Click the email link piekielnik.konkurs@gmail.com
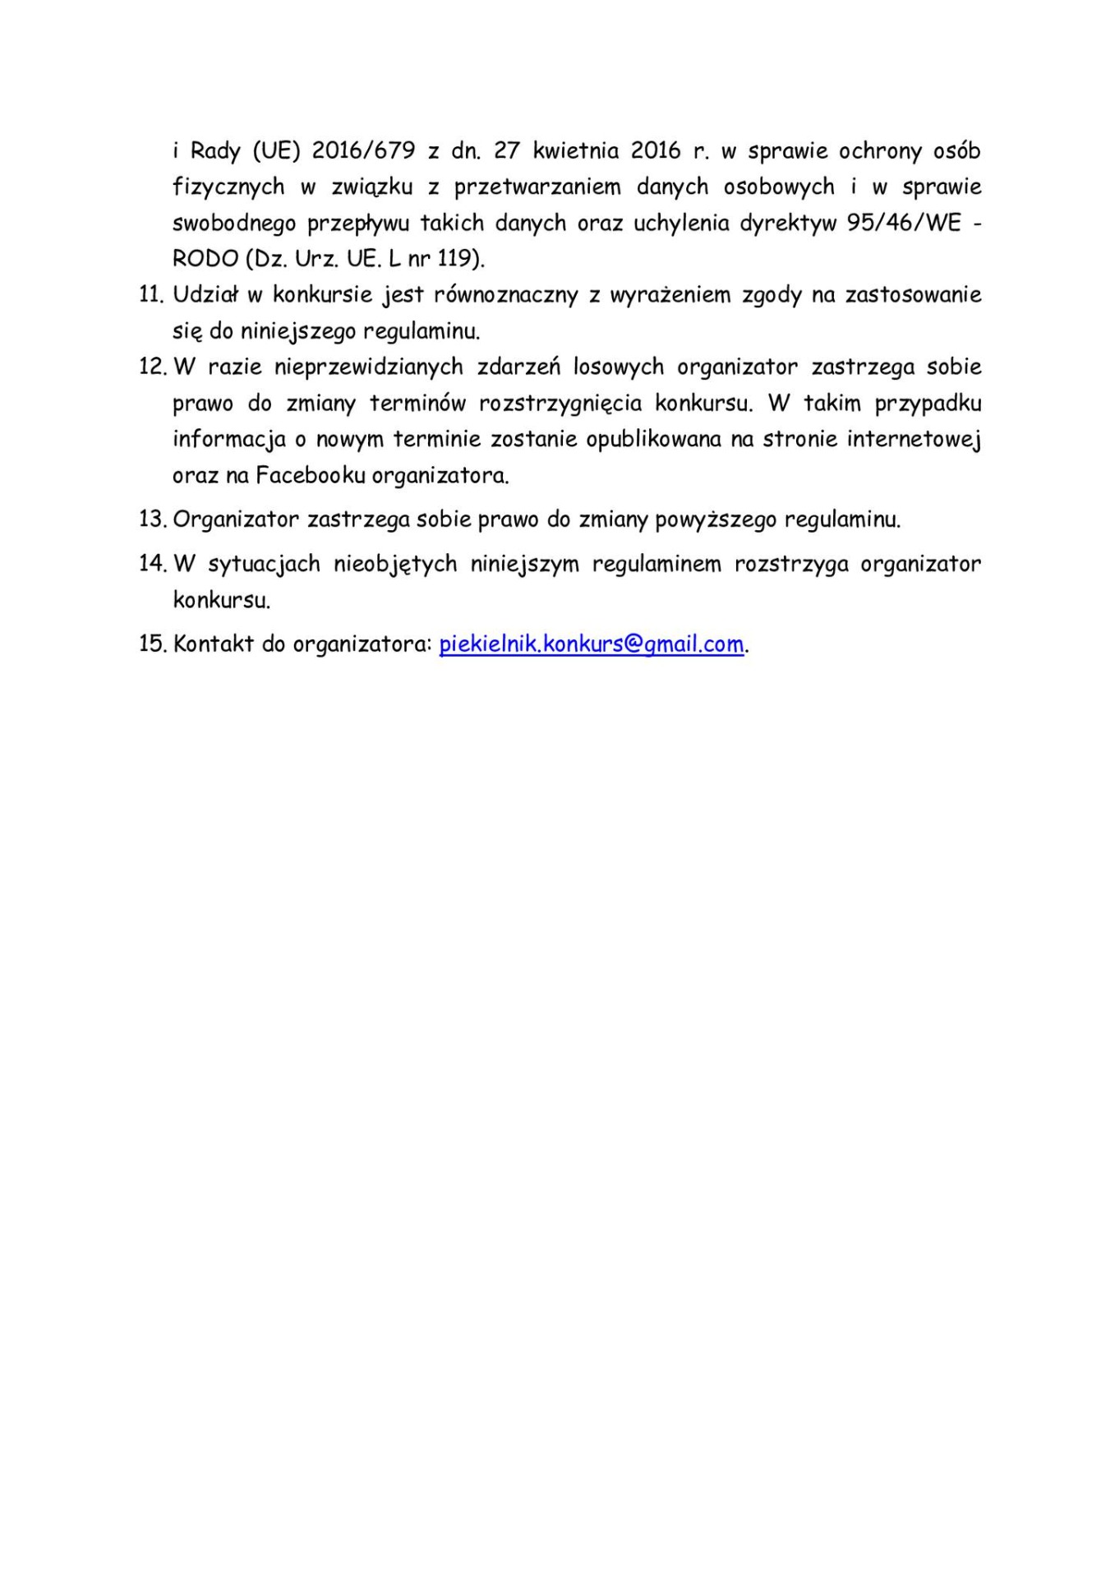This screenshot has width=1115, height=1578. (592, 644)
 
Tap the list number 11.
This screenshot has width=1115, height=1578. (152, 295)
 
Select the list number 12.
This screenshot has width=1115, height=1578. (152, 367)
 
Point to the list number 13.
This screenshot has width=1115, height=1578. (153, 519)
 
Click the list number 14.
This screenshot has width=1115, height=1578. (153, 564)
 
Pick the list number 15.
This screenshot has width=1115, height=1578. (153, 644)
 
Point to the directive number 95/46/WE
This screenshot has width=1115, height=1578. (903, 224)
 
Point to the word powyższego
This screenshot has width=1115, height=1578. (715, 520)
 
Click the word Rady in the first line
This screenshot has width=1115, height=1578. (214, 151)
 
